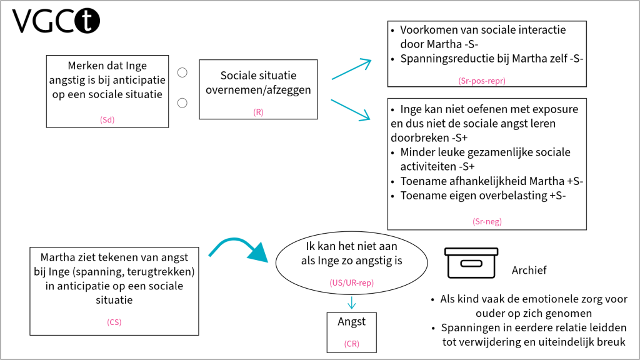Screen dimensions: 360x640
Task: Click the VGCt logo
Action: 56,21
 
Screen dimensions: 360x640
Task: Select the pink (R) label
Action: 258,111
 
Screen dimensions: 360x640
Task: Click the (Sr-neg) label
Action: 487,221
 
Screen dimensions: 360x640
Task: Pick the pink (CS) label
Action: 114,322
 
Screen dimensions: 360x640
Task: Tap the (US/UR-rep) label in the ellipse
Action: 351,283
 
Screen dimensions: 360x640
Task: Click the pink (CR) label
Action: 351,344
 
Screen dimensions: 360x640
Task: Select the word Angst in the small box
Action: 351,322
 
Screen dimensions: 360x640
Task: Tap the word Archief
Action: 529,270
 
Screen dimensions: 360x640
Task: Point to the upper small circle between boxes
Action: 182,72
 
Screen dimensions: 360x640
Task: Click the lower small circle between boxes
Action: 182,102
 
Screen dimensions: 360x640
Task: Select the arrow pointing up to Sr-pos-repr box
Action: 351,69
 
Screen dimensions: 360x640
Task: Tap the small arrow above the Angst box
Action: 351,303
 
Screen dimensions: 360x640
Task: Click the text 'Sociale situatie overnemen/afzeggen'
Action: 258,82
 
